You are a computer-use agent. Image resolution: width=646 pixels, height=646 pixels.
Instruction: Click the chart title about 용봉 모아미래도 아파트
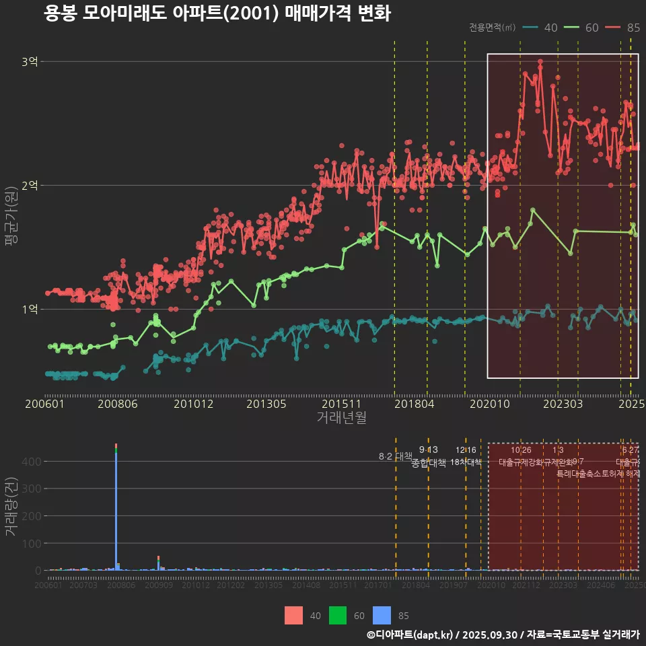click(217, 13)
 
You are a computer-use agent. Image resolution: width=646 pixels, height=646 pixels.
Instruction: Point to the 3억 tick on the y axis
click(30, 62)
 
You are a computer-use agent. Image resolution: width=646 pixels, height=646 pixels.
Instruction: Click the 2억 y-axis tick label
click(30, 185)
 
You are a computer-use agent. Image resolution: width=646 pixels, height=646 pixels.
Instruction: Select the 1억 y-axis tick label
click(30, 309)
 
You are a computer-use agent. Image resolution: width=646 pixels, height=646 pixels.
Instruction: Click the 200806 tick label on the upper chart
click(117, 404)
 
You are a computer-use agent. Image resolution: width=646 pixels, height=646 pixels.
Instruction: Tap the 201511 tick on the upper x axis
click(339, 404)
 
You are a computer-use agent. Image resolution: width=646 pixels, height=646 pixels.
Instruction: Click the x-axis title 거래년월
click(341, 418)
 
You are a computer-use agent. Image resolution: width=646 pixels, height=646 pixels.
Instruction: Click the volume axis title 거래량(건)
click(11, 507)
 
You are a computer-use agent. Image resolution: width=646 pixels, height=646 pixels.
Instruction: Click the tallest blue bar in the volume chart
click(116, 511)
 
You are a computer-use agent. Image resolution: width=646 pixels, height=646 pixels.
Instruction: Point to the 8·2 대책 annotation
click(395, 456)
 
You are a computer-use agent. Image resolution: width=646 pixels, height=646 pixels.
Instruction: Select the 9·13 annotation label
click(428, 450)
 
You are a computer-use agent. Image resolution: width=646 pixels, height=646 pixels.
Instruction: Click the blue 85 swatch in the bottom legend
click(382, 615)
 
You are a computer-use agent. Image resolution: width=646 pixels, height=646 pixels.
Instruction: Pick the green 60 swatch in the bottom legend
click(338, 615)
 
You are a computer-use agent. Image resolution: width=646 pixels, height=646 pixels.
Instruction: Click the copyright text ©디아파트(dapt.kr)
click(410, 635)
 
